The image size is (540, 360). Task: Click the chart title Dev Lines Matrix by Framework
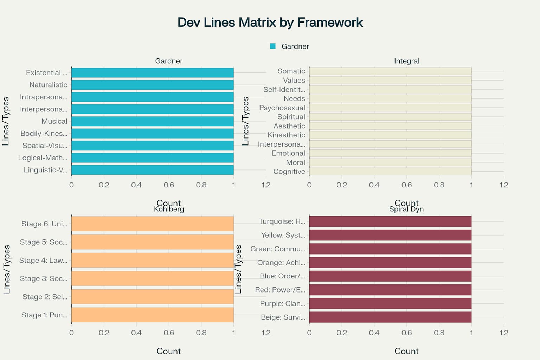point(270,22)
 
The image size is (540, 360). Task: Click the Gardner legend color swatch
point(272,46)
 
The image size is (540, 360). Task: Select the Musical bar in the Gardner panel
point(152,121)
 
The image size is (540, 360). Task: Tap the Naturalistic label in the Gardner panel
point(48,85)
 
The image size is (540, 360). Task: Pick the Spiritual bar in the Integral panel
point(390,117)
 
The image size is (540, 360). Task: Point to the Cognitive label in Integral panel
point(289,172)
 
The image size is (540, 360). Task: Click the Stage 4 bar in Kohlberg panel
point(152,260)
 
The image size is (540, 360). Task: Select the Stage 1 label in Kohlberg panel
point(44,315)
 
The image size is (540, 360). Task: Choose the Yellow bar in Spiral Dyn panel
point(390,235)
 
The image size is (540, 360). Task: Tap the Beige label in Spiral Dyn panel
point(283,317)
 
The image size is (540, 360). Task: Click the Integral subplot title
point(406,61)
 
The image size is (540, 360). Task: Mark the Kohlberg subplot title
point(169,209)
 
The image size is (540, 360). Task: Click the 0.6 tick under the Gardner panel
point(169,185)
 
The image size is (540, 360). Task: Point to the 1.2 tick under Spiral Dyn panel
point(504,333)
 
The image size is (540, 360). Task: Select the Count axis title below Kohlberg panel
point(169,351)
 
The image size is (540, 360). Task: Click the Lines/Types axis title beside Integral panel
point(245,121)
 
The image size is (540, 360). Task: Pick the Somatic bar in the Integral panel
point(390,71)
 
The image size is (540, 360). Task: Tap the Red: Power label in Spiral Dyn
point(280,290)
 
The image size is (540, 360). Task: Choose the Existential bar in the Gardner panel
point(152,73)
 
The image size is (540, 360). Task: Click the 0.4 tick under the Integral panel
point(374,185)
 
